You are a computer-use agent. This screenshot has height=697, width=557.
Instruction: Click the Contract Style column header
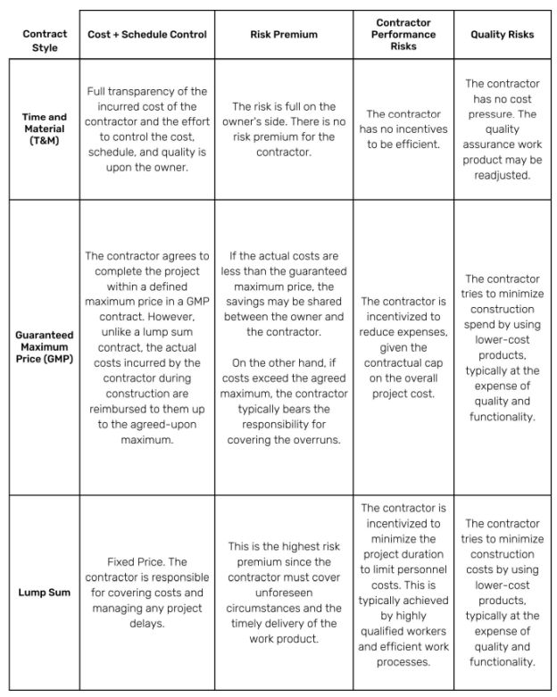45,40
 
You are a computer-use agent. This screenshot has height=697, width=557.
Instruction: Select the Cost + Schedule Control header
147,35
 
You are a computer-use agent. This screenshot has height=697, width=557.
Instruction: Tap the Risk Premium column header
283,35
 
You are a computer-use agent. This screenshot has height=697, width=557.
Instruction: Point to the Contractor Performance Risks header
403,34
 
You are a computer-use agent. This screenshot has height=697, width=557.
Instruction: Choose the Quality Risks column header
502,35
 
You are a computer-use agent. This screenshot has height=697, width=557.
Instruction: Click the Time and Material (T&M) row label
45,129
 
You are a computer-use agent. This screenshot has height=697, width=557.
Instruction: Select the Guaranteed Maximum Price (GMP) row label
45,346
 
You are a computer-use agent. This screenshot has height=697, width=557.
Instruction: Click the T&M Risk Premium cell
283,129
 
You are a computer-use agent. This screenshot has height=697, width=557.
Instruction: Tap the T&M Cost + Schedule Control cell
147,129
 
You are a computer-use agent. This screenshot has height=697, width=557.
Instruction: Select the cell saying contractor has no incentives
403,129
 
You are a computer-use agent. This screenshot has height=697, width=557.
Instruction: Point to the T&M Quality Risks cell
502,129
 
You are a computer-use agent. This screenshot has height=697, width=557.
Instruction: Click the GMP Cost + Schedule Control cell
147,346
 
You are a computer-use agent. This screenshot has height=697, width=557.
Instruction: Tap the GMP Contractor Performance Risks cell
403,346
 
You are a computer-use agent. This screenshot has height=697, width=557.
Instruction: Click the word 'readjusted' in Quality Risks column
502,176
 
